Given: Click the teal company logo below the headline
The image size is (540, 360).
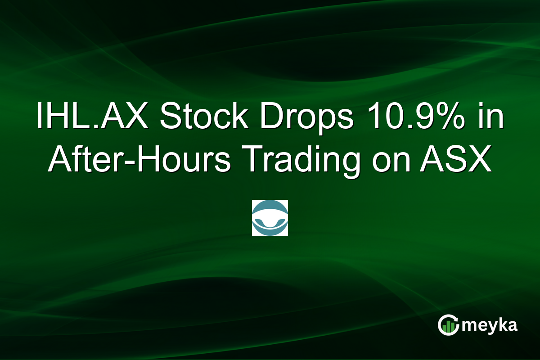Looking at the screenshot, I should point(270,218).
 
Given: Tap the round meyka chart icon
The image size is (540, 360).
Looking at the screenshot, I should point(448,325).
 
